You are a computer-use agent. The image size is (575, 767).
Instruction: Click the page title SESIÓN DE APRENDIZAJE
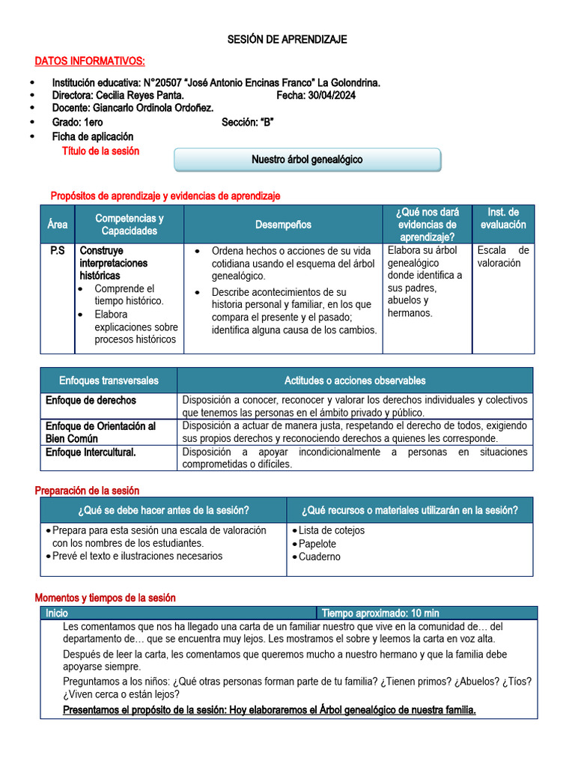tap(287, 40)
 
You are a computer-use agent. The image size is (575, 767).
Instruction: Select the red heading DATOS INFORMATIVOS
tap(90, 61)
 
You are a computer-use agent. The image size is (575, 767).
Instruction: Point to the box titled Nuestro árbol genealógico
tap(307, 160)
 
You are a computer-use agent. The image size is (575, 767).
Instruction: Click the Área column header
tap(57, 225)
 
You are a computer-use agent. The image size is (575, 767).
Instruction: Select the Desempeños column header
tap(283, 225)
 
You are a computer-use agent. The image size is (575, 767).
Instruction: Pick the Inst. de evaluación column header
tap(503, 219)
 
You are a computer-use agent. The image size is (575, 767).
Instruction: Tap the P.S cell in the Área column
tap(57, 251)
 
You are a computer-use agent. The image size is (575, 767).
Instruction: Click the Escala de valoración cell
tap(503, 257)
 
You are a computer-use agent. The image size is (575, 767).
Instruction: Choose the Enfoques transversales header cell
tap(109, 381)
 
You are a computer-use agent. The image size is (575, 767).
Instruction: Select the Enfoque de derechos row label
tap(91, 401)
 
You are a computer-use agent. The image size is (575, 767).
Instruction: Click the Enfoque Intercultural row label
tap(91, 452)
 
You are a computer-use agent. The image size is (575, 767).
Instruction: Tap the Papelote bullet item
tap(317, 544)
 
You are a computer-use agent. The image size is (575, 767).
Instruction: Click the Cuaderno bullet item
tap(319, 557)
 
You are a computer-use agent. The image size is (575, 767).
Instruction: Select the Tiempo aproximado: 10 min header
tap(380, 613)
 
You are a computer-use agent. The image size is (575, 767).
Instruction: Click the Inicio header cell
tap(57, 613)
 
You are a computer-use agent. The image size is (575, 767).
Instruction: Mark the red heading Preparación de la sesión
tap(87, 491)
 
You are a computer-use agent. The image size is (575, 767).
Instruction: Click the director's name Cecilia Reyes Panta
tap(139, 96)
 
